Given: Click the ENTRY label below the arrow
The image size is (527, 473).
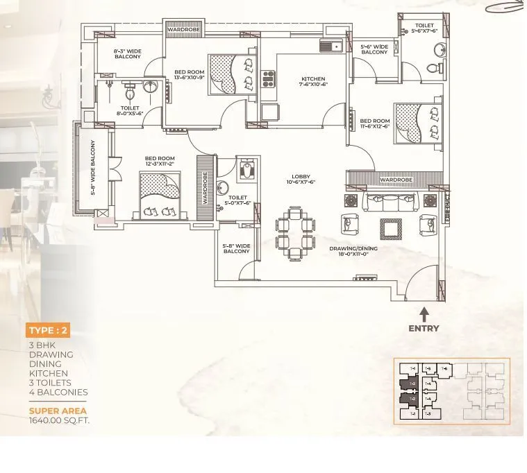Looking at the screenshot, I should coord(423,328).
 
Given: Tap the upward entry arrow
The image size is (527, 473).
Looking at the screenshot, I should coord(424,314).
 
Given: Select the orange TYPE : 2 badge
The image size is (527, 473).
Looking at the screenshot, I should coord(49,330).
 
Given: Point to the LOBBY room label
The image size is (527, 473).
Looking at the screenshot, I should coord(301,179).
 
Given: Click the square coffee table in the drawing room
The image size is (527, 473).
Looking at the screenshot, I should coord(390,227).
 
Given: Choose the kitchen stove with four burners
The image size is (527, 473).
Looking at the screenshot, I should coord(268,78).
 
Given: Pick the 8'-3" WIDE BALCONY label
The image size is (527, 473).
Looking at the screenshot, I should coord(127,53).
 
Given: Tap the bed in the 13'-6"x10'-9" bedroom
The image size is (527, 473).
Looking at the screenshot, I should coord(233,74).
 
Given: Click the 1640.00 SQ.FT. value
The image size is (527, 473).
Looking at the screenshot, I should coord(59,420).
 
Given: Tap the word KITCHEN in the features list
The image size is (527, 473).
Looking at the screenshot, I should coord(45,373).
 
